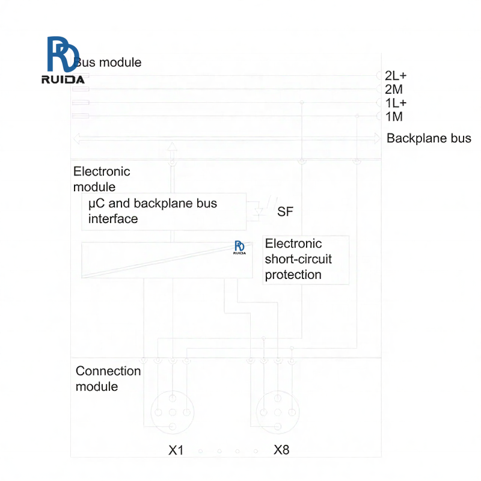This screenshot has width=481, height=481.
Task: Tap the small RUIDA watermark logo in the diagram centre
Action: coord(239,248)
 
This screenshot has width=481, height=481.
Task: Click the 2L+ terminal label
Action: coord(396,76)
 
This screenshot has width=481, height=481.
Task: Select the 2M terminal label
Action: coord(394,90)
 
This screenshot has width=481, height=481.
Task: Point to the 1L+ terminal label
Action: coord(396,103)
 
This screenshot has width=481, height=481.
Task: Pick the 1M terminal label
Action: coord(394,116)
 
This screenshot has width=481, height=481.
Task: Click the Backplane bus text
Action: coord(429,138)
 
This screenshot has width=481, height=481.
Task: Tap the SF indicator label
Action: coord(285,212)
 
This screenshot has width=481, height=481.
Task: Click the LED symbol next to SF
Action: coord(260,211)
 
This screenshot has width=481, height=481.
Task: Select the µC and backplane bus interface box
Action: coord(164,212)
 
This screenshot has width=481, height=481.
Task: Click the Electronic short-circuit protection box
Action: coord(306,260)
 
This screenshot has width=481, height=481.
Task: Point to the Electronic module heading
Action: coord(101,179)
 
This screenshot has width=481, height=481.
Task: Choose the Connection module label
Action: coord(108,378)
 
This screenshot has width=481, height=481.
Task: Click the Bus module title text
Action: coord(108,62)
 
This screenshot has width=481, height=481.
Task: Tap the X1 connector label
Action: coord(176,450)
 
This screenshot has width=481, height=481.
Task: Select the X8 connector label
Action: coord(281,450)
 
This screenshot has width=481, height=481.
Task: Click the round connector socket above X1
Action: coord(173,412)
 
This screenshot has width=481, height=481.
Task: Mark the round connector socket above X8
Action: coord(278,412)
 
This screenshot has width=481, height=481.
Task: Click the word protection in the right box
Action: coord(293,275)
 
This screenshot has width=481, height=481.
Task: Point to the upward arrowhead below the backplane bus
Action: coord(173,147)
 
